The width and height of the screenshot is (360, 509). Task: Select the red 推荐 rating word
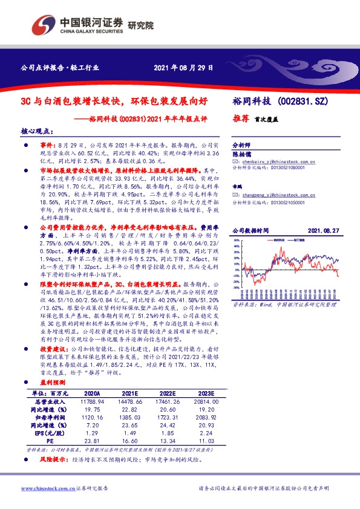tap(241, 120)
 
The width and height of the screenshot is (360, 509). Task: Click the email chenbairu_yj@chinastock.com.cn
tap(274, 163)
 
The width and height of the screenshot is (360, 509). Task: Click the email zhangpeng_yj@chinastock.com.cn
tap(274, 195)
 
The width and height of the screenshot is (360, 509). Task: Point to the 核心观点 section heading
tap(38, 131)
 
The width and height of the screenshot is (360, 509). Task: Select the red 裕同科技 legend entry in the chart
tap(280, 240)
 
